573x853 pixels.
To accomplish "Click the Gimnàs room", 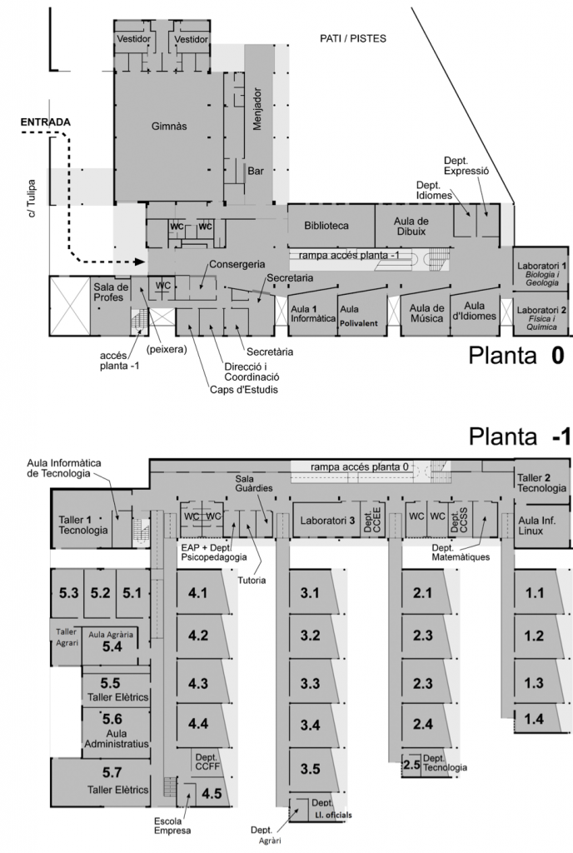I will [168, 127].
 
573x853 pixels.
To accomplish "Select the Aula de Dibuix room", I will [412, 226].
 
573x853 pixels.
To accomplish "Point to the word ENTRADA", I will [45, 122].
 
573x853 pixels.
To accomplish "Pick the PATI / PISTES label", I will [353, 38].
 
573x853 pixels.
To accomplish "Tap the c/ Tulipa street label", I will [32, 197].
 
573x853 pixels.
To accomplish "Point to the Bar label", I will [255, 171].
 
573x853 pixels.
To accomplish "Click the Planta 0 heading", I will [517, 356].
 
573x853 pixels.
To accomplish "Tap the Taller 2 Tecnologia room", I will [542, 484].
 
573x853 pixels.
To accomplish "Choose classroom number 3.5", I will [311, 767].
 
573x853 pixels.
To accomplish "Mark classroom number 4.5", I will [212, 793].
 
